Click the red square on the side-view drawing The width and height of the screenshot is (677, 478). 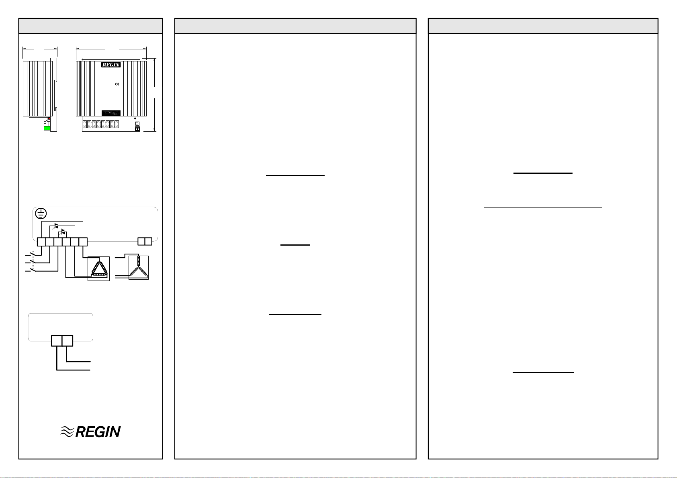coord(49,119)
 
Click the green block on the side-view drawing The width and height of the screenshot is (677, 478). coord(47,128)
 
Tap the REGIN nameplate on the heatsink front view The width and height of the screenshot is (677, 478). coord(111,65)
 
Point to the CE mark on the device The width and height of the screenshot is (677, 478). coord(117,84)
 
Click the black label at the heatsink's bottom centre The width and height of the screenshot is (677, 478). coord(111,113)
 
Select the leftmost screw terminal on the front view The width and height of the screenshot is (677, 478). coord(85,124)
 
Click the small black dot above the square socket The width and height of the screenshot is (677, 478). coord(135,119)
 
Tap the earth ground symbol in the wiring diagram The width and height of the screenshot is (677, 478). coord(41,214)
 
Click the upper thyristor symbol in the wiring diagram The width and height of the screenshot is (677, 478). coord(56,226)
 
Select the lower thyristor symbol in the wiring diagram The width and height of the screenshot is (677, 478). coord(63,232)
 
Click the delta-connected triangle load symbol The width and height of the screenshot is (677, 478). coord(99,268)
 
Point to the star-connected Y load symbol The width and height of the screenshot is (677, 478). coord(139,268)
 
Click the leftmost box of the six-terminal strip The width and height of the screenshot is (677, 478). coord(41,242)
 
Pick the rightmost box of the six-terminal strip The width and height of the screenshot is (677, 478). coord(83,242)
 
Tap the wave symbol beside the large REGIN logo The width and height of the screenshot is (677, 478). coord(67,432)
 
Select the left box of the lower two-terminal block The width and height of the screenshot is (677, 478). coord(57,341)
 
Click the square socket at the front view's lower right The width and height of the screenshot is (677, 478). coord(137,124)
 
